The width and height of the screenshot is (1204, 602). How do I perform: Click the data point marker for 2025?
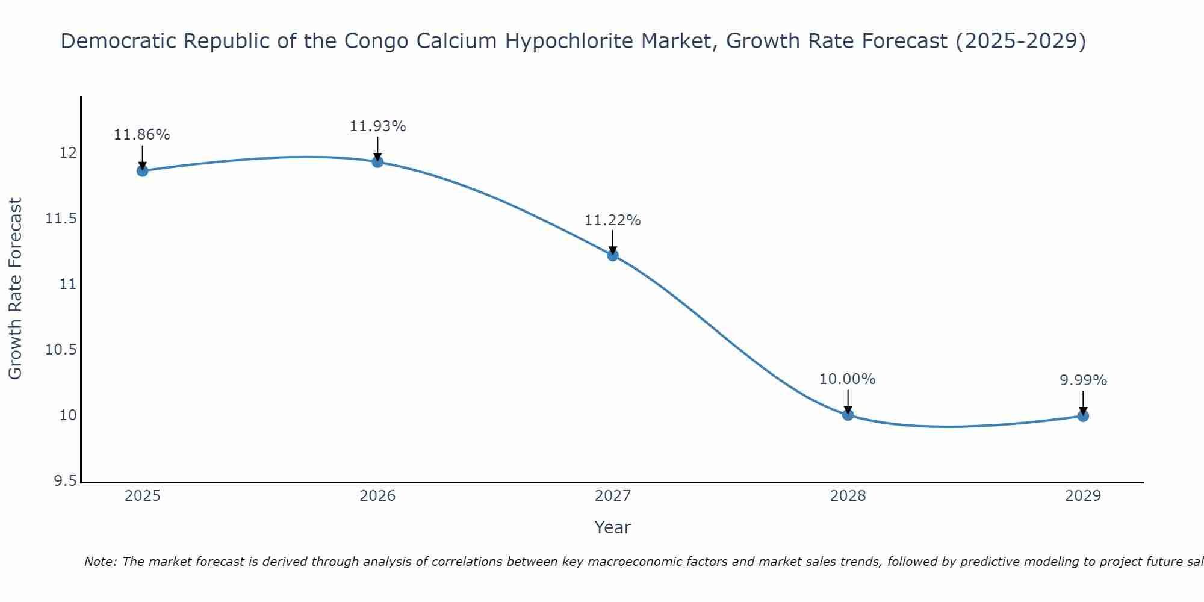tap(143, 171)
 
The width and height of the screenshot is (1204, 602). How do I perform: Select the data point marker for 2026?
tap(377, 161)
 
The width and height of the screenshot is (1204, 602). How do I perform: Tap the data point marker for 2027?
tap(613, 255)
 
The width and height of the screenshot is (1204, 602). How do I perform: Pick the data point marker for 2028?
tap(848, 415)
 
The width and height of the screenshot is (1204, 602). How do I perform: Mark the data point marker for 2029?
tap(1083, 416)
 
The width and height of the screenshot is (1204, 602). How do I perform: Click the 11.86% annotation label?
tap(142, 135)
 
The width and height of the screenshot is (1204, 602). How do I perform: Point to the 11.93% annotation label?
tap(377, 126)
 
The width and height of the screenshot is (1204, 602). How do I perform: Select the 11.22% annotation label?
tap(613, 220)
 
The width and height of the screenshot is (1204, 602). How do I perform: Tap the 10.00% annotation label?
tap(848, 379)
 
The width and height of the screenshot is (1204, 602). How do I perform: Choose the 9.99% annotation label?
tap(1083, 380)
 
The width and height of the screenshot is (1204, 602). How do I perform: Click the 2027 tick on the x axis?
tap(613, 496)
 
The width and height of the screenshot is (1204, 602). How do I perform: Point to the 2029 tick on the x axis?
tap(1083, 496)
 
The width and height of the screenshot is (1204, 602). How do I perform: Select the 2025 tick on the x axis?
tap(143, 496)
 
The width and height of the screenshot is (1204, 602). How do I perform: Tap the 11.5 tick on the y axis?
tap(61, 219)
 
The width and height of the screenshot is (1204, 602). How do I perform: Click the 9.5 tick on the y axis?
tap(66, 481)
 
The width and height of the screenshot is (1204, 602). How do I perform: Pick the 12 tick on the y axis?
tap(69, 153)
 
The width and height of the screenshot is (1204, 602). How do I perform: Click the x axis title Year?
tap(613, 527)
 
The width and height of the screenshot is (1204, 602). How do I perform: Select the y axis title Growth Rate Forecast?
tap(16, 289)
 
